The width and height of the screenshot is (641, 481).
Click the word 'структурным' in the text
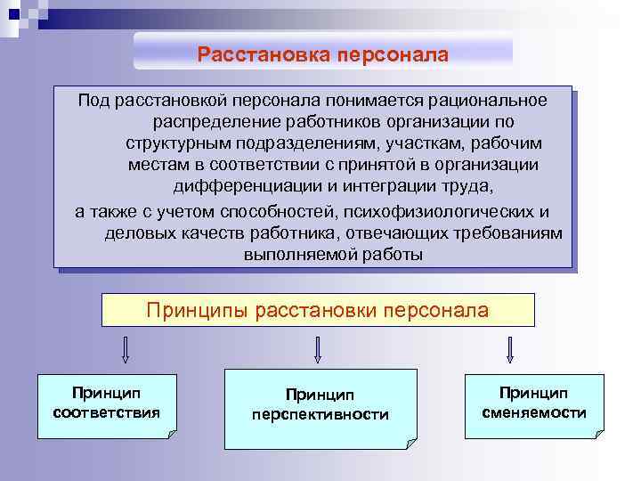(x=174, y=143)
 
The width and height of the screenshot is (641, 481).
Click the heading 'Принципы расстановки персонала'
(x=318, y=310)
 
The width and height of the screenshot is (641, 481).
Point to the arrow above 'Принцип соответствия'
(x=125, y=349)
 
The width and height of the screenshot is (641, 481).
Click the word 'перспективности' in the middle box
(x=320, y=415)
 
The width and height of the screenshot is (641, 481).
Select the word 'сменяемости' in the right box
(x=533, y=412)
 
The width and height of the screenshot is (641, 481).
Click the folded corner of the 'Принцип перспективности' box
(x=410, y=443)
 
